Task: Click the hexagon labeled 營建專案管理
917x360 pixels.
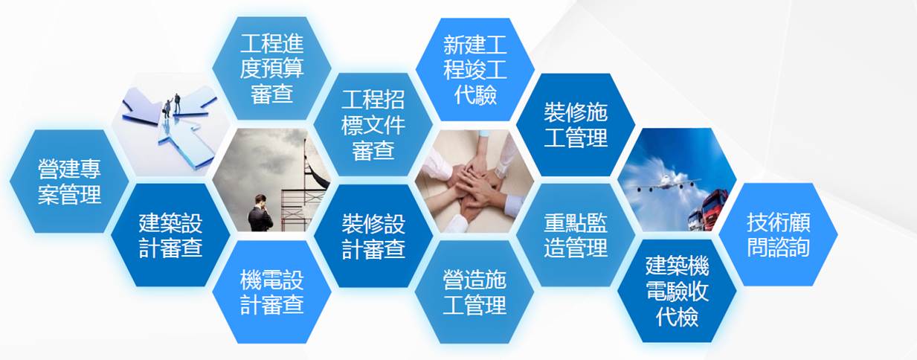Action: [x=69, y=181]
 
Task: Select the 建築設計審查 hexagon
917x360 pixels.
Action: [x=170, y=235]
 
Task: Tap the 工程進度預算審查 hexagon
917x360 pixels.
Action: [x=271, y=68]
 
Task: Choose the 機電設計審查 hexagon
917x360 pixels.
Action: [x=271, y=292]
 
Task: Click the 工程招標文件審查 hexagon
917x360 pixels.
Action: [x=373, y=124]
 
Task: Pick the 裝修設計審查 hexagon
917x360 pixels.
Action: [x=373, y=236]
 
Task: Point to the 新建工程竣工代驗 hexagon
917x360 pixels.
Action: [x=475, y=69]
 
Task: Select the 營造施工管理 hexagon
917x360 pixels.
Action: [x=474, y=292]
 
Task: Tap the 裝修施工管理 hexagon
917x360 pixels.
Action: [x=576, y=125]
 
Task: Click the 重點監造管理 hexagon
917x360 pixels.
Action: [x=576, y=235]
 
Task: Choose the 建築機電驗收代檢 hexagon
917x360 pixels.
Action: [x=677, y=291]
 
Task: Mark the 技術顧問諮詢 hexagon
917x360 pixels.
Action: [x=778, y=234]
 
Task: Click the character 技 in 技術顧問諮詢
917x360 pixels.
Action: [x=756, y=222]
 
